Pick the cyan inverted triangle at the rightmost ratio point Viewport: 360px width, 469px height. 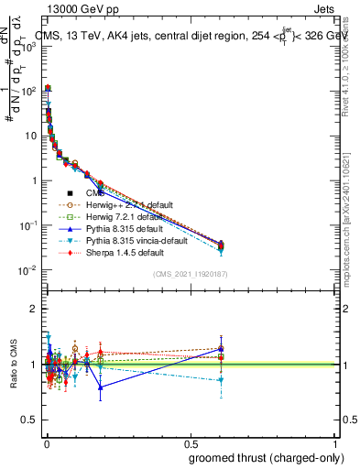point(220,380)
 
